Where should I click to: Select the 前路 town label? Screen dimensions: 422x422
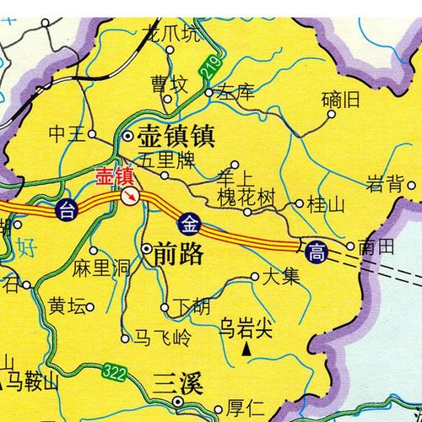(x=179, y=253)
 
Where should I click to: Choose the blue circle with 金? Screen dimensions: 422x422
(x=190, y=225)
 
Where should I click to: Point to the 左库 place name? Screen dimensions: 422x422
(x=235, y=93)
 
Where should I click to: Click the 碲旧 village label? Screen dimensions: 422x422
(x=341, y=100)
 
